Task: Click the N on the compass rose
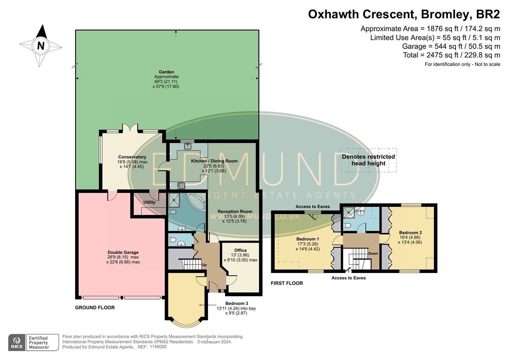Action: [41, 46]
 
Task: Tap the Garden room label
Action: [166, 72]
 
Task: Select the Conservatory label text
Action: [132, 157]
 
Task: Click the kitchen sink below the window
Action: [188, 146]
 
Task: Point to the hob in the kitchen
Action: [181, 186]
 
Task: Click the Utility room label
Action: [149, 202]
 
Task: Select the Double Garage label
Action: [123, 252]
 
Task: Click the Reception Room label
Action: [235, 211]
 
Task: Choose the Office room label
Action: [240, 250]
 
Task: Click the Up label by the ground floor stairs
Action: [204, 265]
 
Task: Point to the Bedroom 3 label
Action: [237, 303]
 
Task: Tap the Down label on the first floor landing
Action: [373, 253]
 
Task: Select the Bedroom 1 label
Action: [308, 239]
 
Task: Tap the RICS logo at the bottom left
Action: [17, 342]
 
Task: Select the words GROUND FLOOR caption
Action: [95, 308]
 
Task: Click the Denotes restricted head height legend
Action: [368, 160]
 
